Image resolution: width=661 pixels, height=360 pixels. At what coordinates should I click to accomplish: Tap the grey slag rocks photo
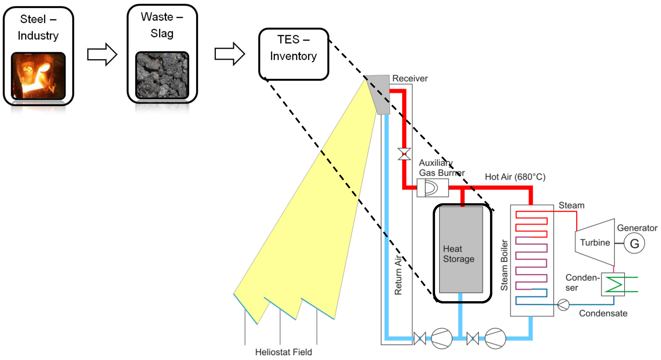click(162, 75)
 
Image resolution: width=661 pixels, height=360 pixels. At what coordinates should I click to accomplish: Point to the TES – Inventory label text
click(293, 48)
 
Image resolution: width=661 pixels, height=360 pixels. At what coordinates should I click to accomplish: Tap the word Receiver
click(410, 78)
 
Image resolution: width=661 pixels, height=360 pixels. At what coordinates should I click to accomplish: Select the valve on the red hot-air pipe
click(404, 154)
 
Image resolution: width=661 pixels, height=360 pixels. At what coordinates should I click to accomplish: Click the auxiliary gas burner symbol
click(432, 188)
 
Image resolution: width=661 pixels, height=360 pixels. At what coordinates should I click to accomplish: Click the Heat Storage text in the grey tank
click(458, 254)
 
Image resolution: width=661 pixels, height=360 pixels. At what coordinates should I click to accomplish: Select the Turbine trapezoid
click(595, 242)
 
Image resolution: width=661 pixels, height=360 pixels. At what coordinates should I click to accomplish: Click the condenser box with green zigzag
click(613, 284)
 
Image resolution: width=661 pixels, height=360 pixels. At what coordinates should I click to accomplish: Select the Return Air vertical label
click(398, 275)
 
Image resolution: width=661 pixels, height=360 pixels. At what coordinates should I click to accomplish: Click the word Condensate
click(603, 313)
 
